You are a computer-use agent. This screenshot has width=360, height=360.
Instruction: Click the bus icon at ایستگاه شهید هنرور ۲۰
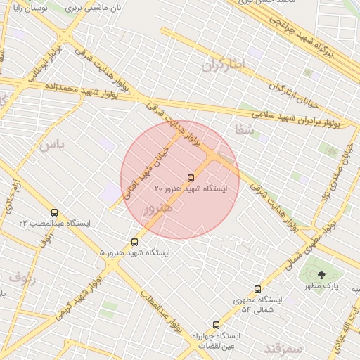tap(191, 179)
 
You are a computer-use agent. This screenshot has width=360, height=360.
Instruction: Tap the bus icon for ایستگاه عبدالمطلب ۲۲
tap(54, 212)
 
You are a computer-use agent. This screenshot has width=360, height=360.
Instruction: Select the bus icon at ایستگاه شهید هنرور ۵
tap(135, 242)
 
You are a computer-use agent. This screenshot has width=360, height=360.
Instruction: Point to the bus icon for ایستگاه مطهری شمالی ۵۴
tap(257, 289)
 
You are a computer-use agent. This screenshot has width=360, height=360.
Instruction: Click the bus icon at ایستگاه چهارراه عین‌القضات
tap(216, 326)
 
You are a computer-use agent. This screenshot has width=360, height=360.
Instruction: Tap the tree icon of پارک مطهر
tap(322, 275)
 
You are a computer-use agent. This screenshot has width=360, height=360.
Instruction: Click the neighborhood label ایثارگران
tap(224, 65)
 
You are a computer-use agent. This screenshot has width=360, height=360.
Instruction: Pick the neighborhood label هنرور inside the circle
tap(157, 209)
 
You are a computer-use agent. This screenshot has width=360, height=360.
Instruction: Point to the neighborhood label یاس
tap(51, 145)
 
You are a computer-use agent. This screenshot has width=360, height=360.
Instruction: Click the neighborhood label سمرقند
tap(283, 348)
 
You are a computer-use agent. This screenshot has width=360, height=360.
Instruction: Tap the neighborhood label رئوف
tap(22, 277)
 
